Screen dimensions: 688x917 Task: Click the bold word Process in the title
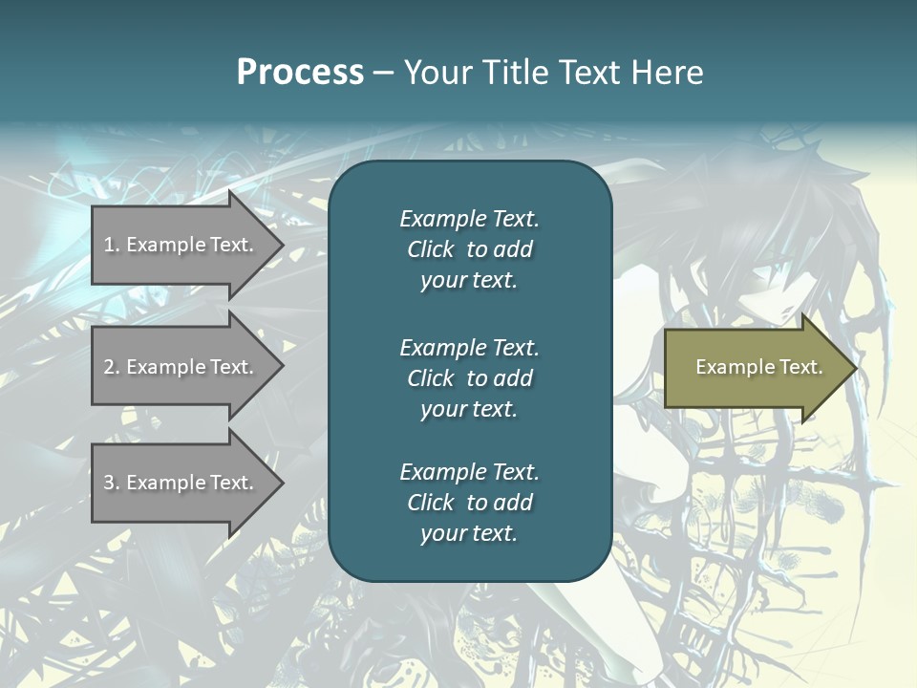(300, 73)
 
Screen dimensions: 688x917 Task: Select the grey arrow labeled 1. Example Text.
(181, 245)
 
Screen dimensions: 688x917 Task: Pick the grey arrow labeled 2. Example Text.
(181, 367)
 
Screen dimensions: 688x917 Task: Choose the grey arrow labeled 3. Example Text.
(181, 483)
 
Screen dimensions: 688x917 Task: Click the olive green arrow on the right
(755, 368)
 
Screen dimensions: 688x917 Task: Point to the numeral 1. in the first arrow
(111, 245)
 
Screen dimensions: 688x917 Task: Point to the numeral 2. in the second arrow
(111, 367)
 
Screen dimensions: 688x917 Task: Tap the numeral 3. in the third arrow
(111, 483)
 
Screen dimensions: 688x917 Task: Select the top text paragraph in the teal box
(469, 249)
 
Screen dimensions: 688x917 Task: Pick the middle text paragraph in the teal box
(469, 377)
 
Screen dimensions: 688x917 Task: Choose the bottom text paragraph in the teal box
(469, 503)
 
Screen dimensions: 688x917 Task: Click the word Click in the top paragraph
(430, 249)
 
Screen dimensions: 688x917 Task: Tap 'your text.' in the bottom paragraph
(469, 533)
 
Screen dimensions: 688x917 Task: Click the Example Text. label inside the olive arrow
(758, 367)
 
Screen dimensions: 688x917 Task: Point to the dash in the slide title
(383, 73)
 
